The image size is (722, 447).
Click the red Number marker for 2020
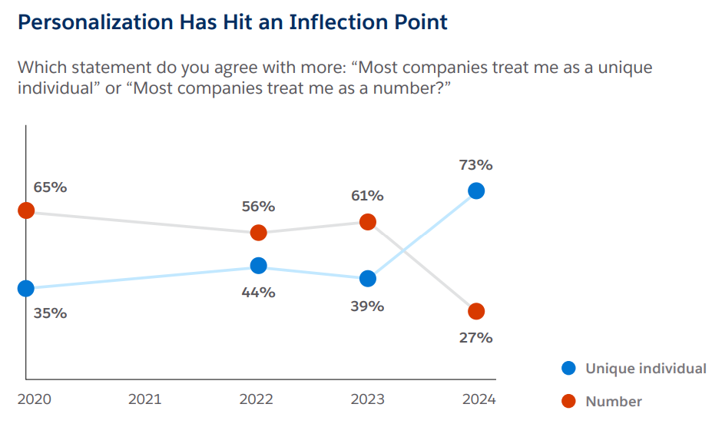click(26, 210)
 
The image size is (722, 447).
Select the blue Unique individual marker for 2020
click(26, 288)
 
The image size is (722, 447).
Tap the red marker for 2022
click(259, 233)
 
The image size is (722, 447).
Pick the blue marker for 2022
click(259, 266)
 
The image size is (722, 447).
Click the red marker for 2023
click(368, 222)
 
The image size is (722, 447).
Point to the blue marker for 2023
click(368, 278)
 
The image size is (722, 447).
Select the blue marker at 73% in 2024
click(476, 190)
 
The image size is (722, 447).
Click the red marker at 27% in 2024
click(476, 311)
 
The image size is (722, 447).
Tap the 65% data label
click(50, 187)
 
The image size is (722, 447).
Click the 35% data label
click(50, 313)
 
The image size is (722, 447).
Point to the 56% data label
click(258, 207)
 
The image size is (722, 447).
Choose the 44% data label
click(258, 293)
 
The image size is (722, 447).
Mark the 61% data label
click(367, 196)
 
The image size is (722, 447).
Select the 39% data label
click(367, 306)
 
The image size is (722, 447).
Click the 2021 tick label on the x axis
click(145, 399)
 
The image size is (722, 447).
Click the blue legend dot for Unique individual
click(568, 369)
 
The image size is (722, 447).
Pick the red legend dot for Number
click(568, 401)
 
